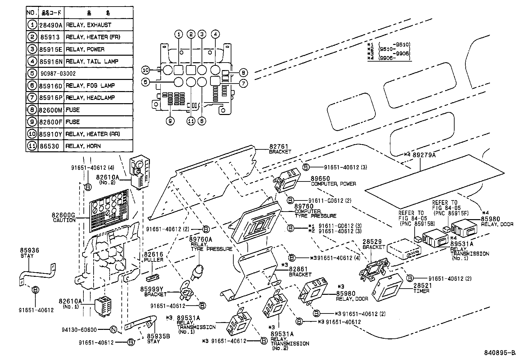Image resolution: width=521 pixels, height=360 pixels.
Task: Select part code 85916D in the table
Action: point(51,85)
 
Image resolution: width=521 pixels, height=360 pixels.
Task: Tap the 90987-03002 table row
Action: point(58,73)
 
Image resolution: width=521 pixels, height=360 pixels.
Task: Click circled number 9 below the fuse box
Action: point(170,121)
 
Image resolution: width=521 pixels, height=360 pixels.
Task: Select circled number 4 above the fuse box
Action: point(215,34)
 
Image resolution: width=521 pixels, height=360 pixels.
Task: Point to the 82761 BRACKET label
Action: point(280,149)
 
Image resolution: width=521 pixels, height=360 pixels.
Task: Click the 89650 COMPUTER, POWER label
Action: point(333,181)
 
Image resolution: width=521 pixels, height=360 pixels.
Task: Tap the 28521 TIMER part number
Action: point(422,286)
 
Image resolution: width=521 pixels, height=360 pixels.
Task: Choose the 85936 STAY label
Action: point(29,253)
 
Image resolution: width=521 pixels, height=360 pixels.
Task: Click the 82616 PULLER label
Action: point(153,257)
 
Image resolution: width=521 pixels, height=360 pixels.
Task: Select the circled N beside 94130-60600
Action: point(113,330)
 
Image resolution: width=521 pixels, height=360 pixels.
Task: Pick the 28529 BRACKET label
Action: point(373,244)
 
